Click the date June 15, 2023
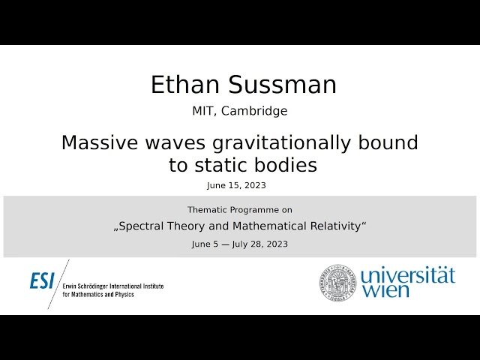coord(236,185)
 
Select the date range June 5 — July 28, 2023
coord(239,244)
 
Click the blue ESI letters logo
coord(43,281)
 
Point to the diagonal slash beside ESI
coord(58,283)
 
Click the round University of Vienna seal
coord(338,282)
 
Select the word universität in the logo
coord(407,275)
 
